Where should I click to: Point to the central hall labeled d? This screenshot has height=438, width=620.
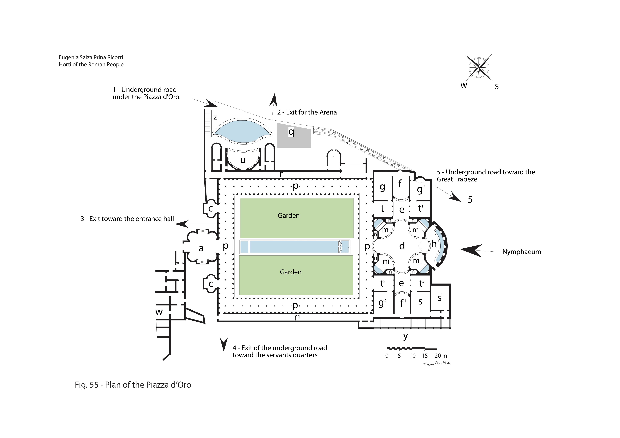(402, 246)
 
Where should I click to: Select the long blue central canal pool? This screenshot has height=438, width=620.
(294, 247)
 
